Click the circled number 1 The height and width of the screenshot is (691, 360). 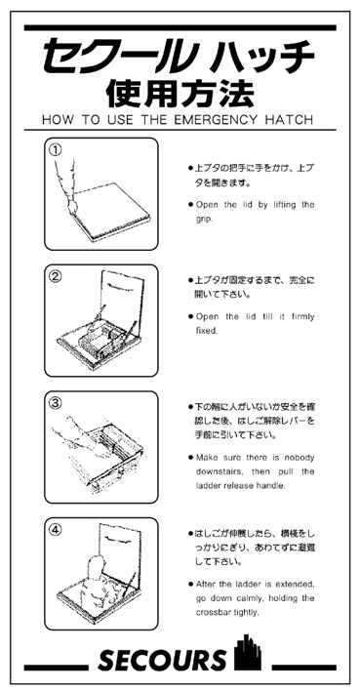point(55,150)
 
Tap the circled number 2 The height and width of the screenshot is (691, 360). point(55,277)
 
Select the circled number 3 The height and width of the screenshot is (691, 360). point(55,403)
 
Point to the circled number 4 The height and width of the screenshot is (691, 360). point(55,529)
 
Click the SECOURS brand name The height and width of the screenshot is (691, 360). point(161,660)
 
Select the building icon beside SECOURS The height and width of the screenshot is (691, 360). point(248,653)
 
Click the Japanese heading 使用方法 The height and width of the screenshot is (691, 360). point(180,93)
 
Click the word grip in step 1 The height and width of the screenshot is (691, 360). point(201,220)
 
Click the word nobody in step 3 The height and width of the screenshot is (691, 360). point(300,458)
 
